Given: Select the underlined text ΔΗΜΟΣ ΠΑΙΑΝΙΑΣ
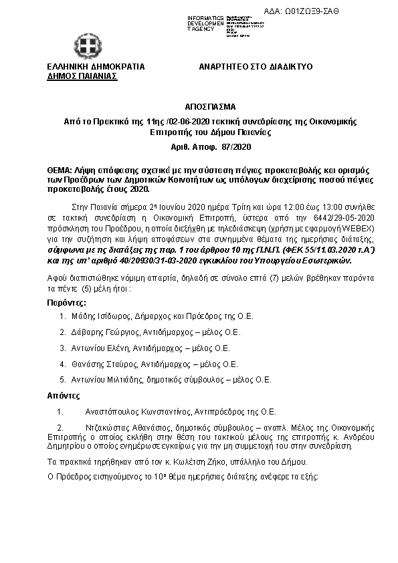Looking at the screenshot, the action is (82, 77).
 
